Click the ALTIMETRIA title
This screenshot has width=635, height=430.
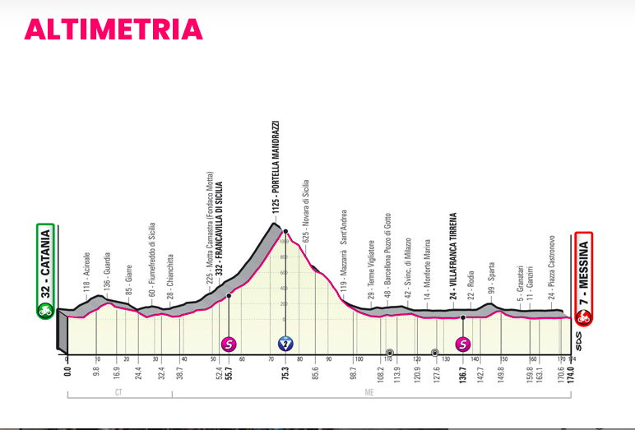point(114,29)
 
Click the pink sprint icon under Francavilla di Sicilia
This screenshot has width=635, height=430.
point(229,344)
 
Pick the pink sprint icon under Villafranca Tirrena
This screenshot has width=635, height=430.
point(463,344)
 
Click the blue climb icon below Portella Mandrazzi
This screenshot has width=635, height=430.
point(285,344)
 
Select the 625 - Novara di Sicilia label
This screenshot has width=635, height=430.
point(305,209)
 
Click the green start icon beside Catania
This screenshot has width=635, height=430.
point(45,311)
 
